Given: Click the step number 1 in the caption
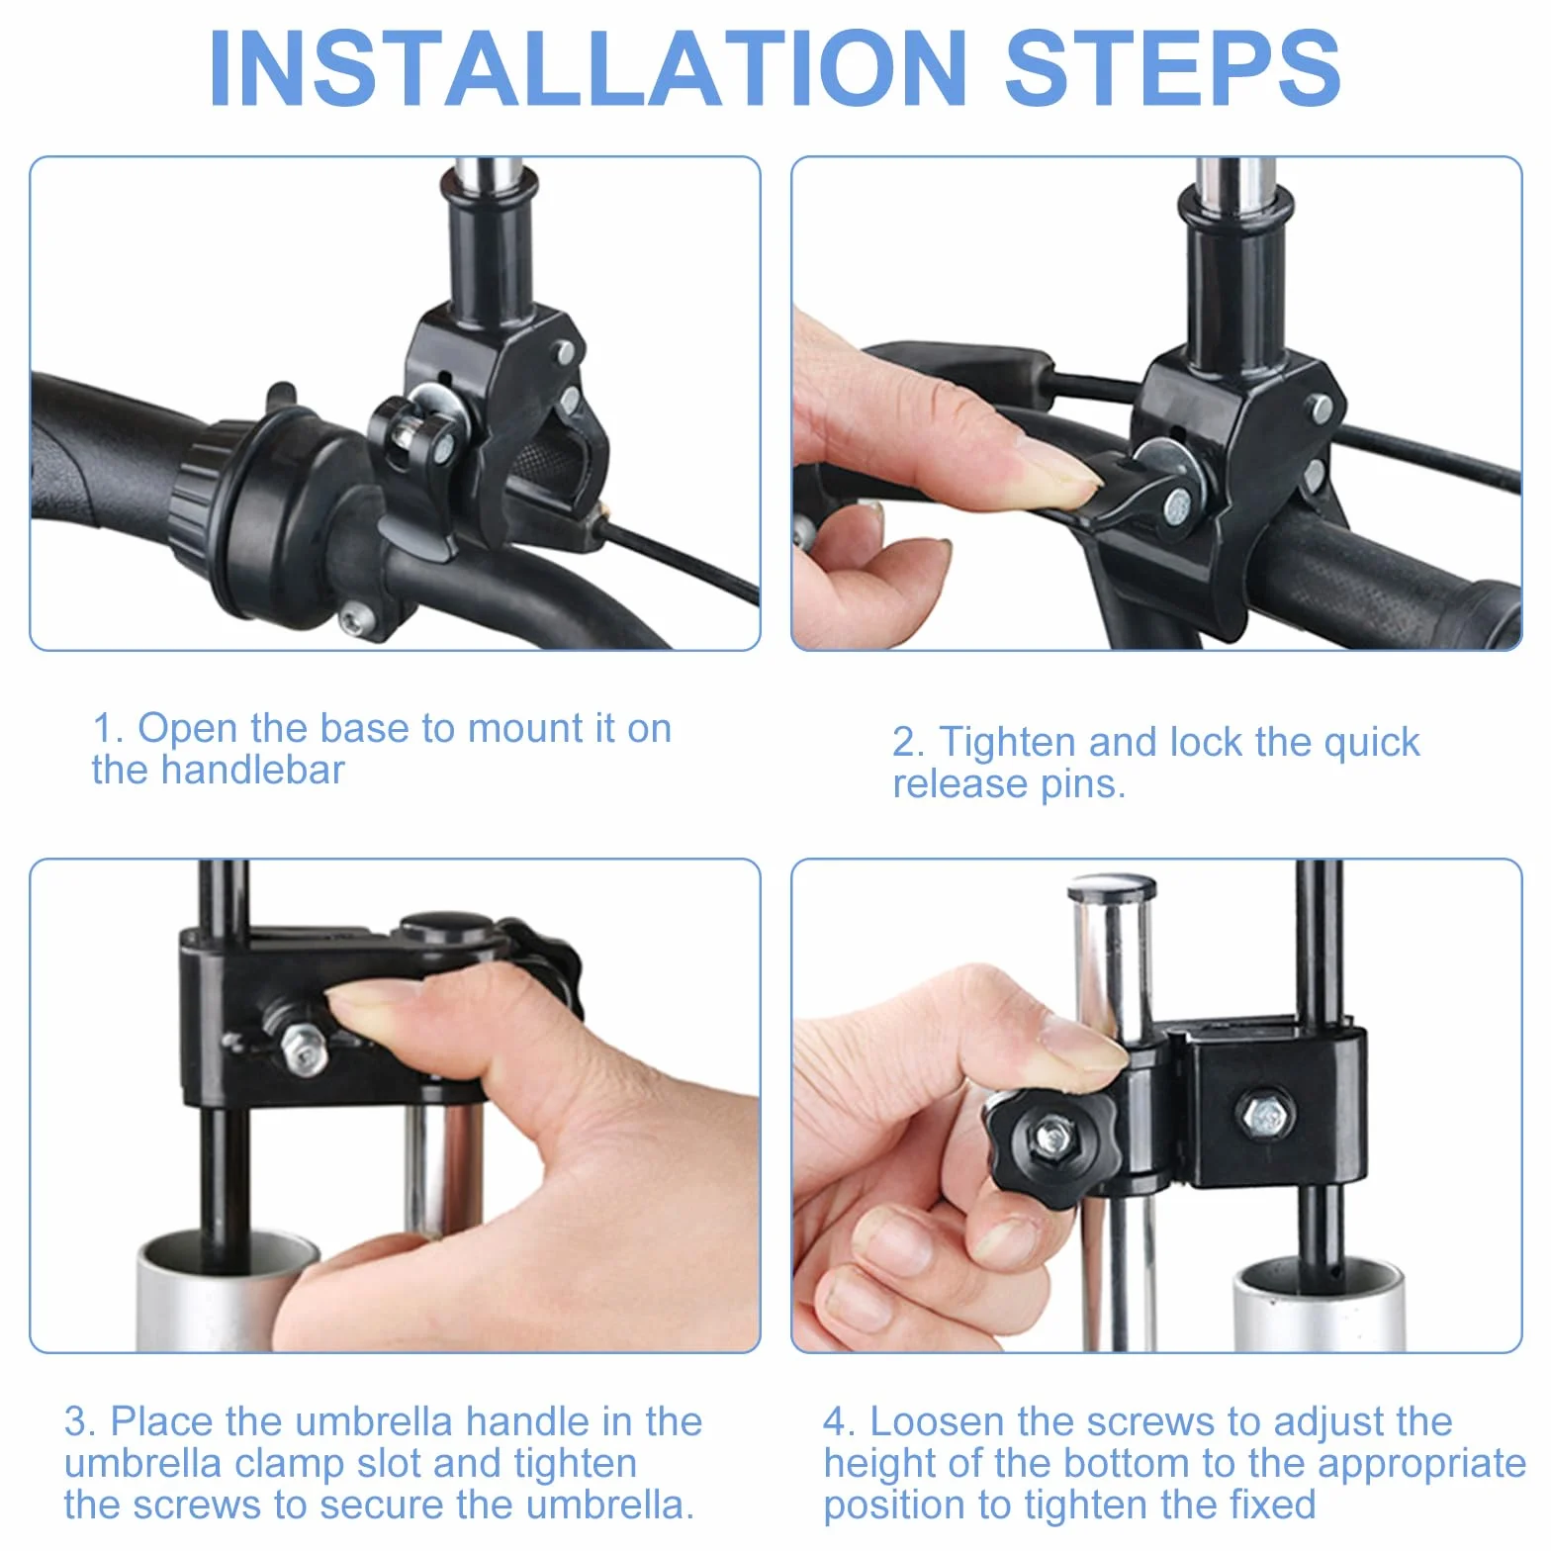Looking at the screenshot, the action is [x=102, y=729].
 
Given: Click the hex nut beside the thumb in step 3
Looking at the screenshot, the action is [x=304, y=1048].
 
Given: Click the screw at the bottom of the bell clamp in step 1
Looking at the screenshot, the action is [x=353, y=621].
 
